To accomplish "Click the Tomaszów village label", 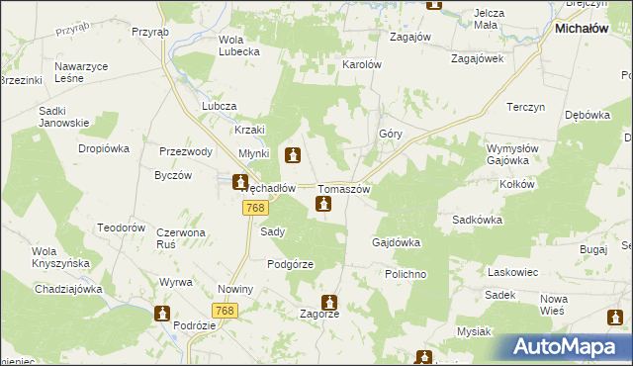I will click(x=344, y=189).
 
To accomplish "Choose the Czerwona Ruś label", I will click(x=179, y=239).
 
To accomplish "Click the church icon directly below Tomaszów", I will click(x=322, y=205).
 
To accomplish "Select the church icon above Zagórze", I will click(x=329, y=302).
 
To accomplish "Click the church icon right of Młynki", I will click(x=293, y=155).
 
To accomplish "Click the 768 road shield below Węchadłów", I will click(x=254, y=207).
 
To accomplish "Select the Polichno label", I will click(x=406, y=271).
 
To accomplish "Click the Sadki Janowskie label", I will click(x=63, y=117).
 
